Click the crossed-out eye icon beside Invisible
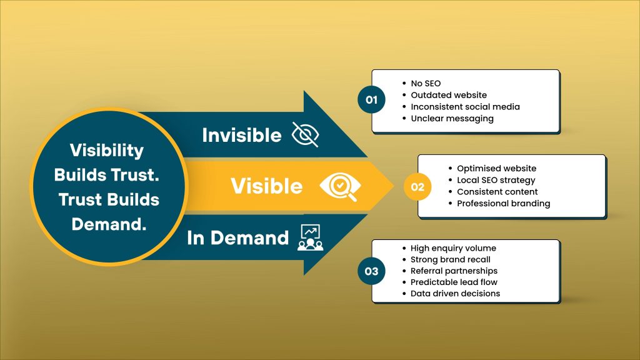pyautogui.click(x=306, y=134)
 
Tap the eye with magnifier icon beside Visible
pyautogui.click(x=339, y=186)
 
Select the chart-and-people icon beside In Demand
pyautogui.click(x=310, y=237)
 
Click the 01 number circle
pyautogui.click(x=372, y=100)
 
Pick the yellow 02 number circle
pyautogui.click(x=417, y=186)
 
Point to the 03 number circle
pyautogui.click(x=372, y=271)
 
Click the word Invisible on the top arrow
pyautogui.click(x=242, y=135)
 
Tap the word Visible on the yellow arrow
pyautogui.click(x=267, y=186)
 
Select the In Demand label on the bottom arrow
pyautogui.click(x=237, y=238)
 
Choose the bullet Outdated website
pyautogui.click(x=449, y=95)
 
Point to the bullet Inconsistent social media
pyautogui.click(x=465, y=107)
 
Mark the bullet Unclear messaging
pyautogui.click(x=452, y=118)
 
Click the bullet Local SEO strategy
pyautogui.click(x=496, y=180)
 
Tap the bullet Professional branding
pyautogui.click(x=503, y=203)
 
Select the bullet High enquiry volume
pyautogui.click(x=453, y=248)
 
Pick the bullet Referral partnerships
pyautogui.click(x=454, y=271)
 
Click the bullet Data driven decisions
pyautogui.click(x=455, y=293)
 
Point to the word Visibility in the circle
pyautogui.click(x=106, y=151)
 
